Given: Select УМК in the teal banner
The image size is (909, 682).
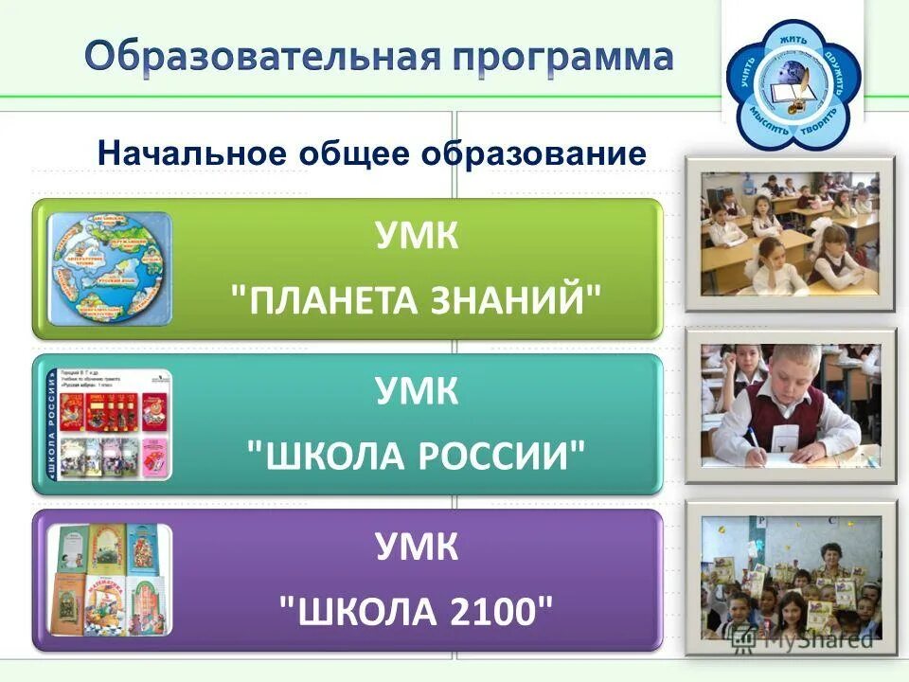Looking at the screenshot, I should (x=417, y=392).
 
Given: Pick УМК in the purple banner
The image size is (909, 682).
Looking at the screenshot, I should (x=417, y=547).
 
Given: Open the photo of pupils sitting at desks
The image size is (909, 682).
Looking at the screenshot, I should (x=790, y=233).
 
